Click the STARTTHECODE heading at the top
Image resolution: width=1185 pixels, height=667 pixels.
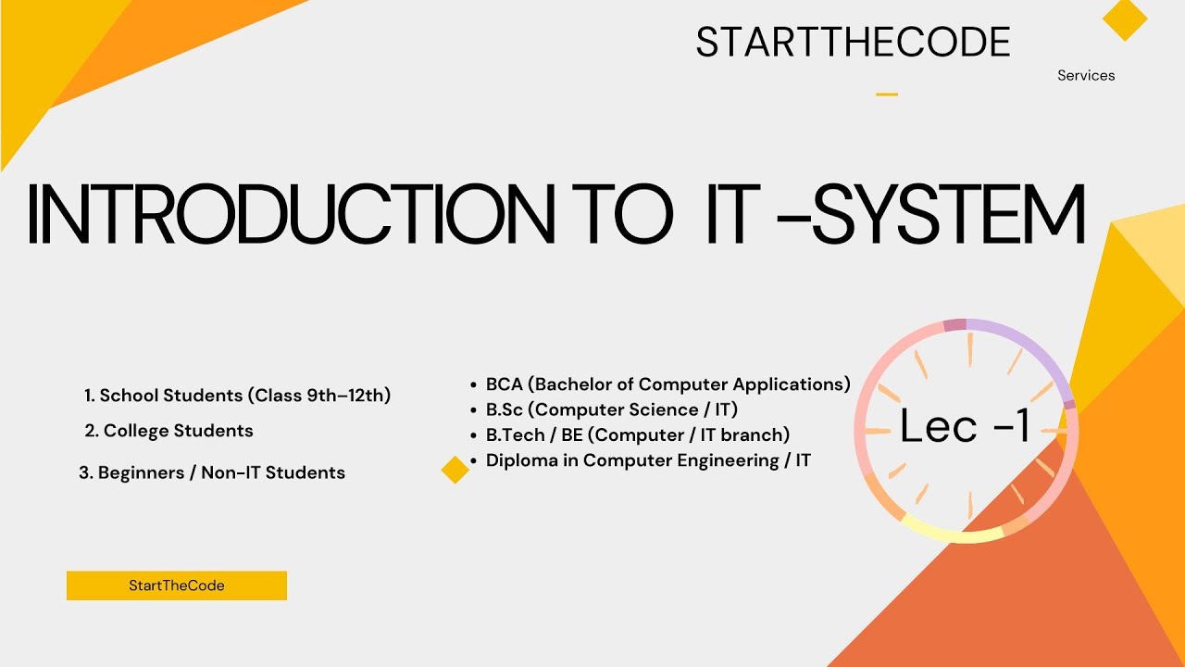click(x=853, y=43)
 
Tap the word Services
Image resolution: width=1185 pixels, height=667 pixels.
click(x=1086, y=76)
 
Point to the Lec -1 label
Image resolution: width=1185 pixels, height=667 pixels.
click(x=966, y=426)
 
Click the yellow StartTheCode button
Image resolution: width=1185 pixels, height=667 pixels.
click(x=177, y=585)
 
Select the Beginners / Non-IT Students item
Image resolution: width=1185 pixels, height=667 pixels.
click(x=212, y=472)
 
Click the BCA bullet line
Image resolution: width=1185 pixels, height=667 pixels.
click(x=667, y=384)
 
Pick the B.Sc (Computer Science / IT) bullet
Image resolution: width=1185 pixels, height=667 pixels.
click(x=611, y=409)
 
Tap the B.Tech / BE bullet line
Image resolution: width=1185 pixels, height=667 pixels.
click(x=637, y=434)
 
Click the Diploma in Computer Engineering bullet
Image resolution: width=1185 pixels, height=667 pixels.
click(x=647, y=460)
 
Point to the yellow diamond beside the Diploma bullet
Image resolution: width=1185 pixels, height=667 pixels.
click(x=455, y=470)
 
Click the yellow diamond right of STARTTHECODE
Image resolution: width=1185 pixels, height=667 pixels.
click(x=1125, y=19)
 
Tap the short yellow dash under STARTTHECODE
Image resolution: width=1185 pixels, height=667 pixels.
click(x=887, y=94)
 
